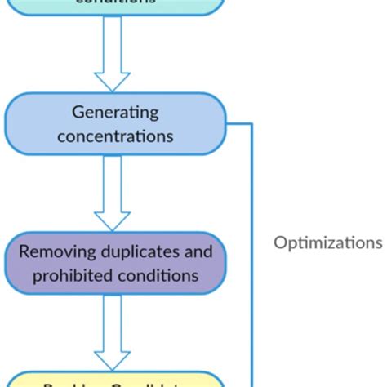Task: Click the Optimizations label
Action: [327, 242]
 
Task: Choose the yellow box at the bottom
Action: [113, 380]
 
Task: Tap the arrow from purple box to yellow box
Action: [113, 330]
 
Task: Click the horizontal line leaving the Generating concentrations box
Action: [239, 124]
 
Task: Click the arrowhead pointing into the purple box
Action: [113, 220]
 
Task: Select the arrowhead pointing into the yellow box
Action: [113, 359]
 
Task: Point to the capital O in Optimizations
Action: [280, 242]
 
